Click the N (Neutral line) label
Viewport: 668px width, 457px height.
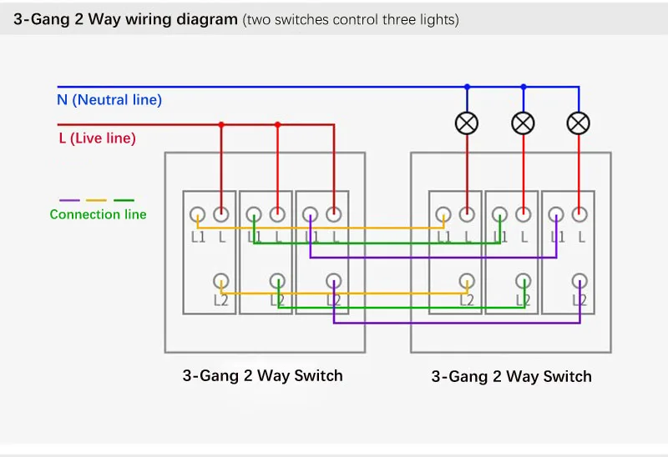pyautogui.click(x=109, y=100)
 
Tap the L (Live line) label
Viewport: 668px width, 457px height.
pyautogui.click(x=97, y=138)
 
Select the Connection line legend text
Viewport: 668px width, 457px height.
pyautogui.click(x=98, y=214)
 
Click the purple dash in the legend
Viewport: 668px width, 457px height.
pyautogui.click(x=69, y=200)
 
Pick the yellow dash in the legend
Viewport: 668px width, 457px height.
pyautogui.click(x=96, y=200)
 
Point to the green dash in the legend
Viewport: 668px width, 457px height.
pyautogui.click(x=124, y=200)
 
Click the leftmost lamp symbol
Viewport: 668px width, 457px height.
pyautogui.click(x=467, y=123)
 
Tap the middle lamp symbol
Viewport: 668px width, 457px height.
pyautogui.click(x=524, y=123)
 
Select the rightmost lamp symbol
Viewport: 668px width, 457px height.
pyautogui.click(x=579, y=123)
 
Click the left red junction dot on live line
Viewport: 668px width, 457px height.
pyautogui.click(x=221, y=125)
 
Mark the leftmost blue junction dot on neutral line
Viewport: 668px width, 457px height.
pyautogui.click(x=467, y=87)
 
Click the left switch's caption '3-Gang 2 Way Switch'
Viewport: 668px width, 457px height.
pyautogui.click(x=262, y=376)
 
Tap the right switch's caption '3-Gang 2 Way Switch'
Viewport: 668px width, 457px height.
pyautogui.click(x=511, y=377)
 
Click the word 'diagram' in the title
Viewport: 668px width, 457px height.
pyautogui.click(x=207, y=19)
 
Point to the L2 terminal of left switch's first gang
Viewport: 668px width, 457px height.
pyautogui.click(x=220, y=281)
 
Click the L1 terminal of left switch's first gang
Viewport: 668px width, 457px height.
pyautogui.click(x=197, y=214)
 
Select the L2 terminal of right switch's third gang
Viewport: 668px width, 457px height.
pyautogui.click(x=579, y=281)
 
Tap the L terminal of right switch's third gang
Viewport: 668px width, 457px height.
pyautogui.click(x=579, y=214)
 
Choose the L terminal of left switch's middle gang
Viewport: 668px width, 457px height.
pyautogui.click(x=277, y=214)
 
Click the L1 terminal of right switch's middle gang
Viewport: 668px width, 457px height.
pyautogui.click(x=499, y=214)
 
